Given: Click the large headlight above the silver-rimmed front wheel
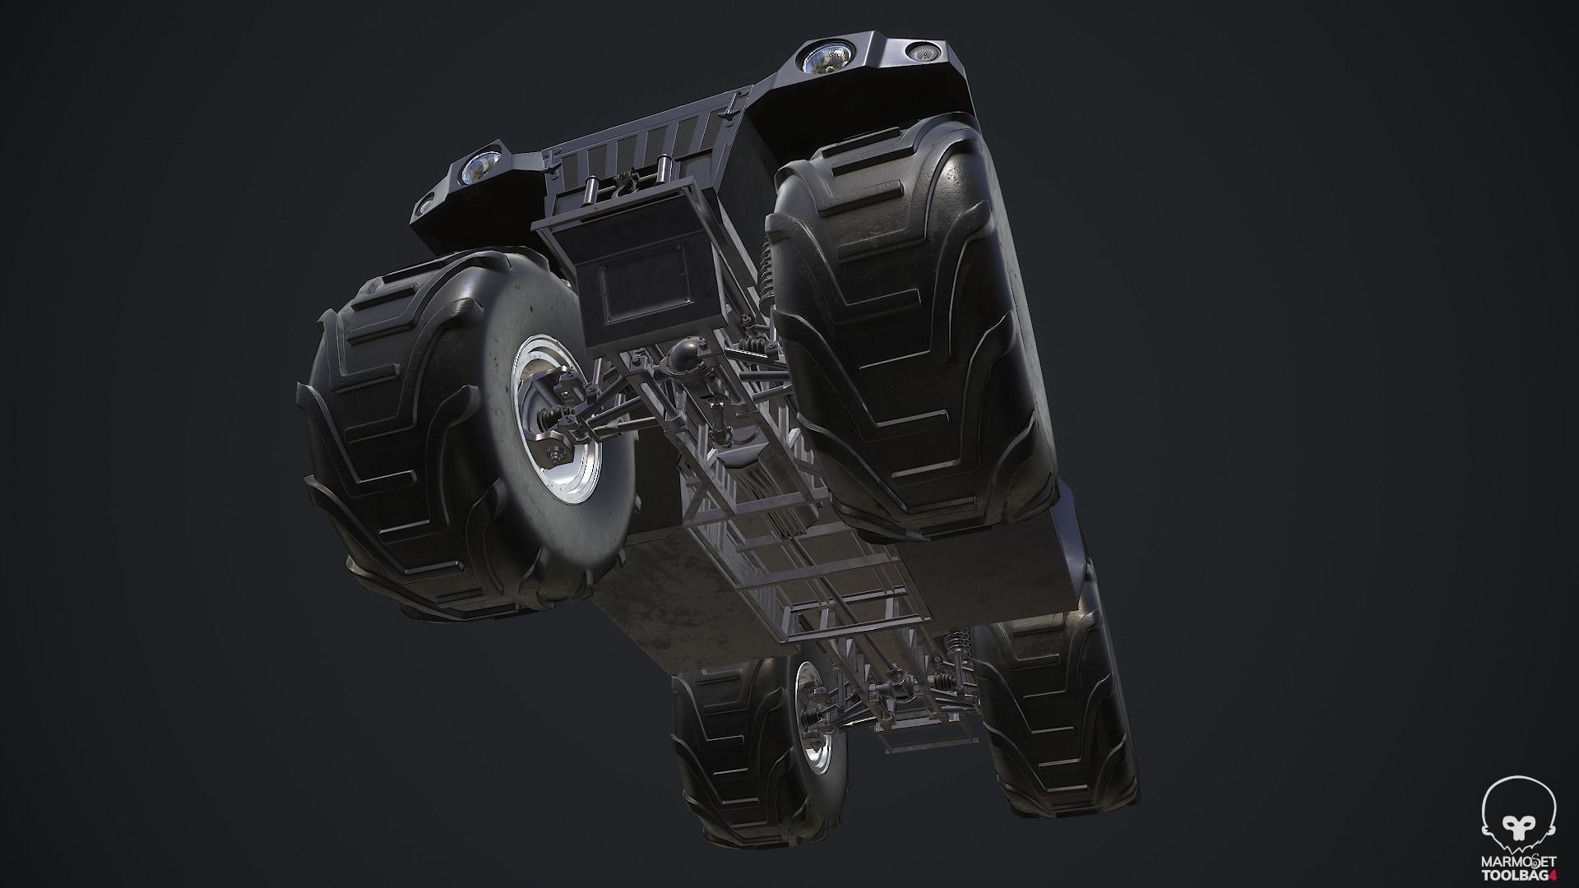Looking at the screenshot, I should (476, 169).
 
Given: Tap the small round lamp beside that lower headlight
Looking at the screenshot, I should (427, 204).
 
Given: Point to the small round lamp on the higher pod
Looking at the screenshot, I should (920, 53).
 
